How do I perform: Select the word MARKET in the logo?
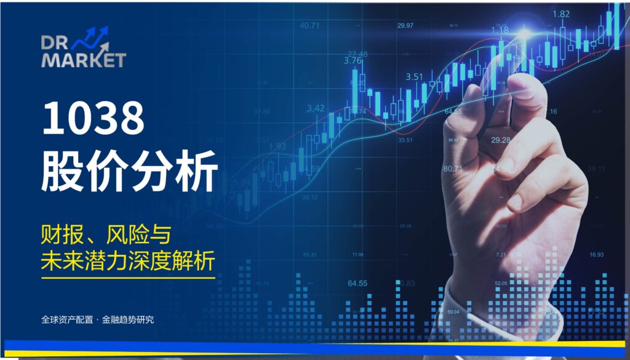84,60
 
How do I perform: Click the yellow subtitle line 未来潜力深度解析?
128,262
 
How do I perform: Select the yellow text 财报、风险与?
105,236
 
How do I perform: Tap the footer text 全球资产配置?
67,320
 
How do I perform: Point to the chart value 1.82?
560,14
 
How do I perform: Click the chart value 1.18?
500,30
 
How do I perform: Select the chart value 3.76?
353,61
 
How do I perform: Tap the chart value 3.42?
315,108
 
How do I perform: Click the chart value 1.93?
277,146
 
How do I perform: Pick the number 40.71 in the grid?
309,26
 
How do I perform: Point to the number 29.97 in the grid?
405,26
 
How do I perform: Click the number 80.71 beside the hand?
452,168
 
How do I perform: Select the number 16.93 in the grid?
596,254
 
